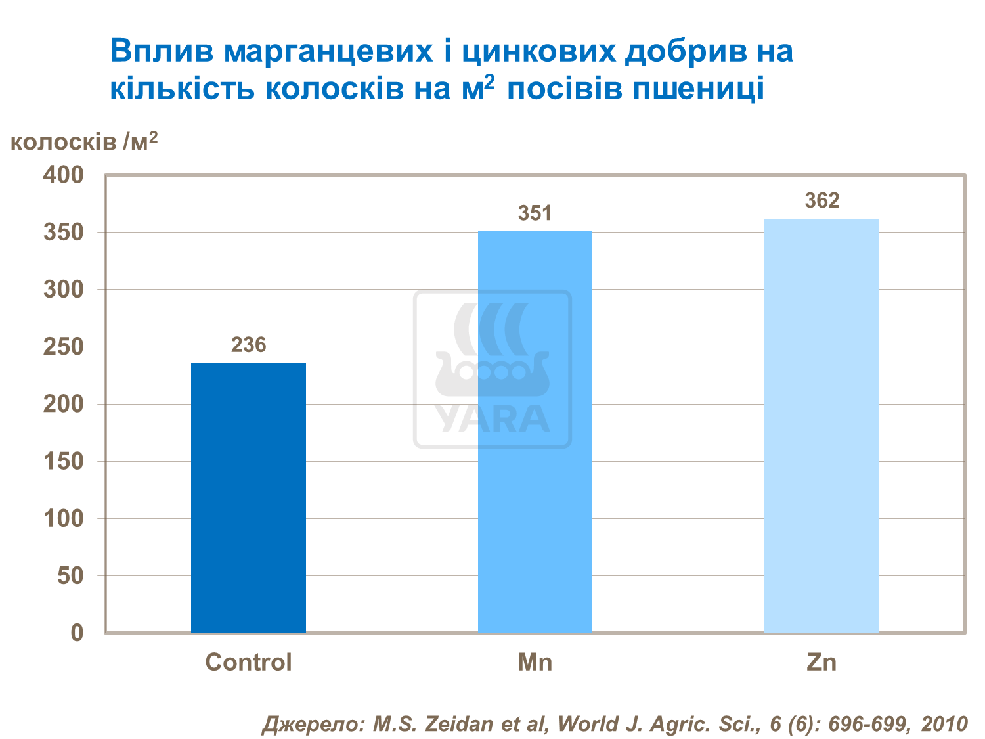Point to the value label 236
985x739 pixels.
click(248, 345)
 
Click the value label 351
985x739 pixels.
click(535, 213)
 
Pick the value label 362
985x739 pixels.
click(821, 200)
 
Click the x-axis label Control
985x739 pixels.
click(248, 662)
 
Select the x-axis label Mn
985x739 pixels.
click(535, 662)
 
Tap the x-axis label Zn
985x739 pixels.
click(821, 662)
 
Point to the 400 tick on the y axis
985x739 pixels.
click(64, 175)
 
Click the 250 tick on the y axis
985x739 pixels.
click(64, 347)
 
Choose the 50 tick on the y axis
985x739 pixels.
click(70, 576)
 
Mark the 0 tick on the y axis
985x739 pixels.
click(77, 633)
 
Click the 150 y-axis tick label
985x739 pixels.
click(64, 461)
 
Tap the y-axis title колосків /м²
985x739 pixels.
click(84, 141)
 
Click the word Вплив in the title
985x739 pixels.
click(162, 51)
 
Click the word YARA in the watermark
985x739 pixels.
click(492, 418)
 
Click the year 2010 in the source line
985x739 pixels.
click(944, 724)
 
